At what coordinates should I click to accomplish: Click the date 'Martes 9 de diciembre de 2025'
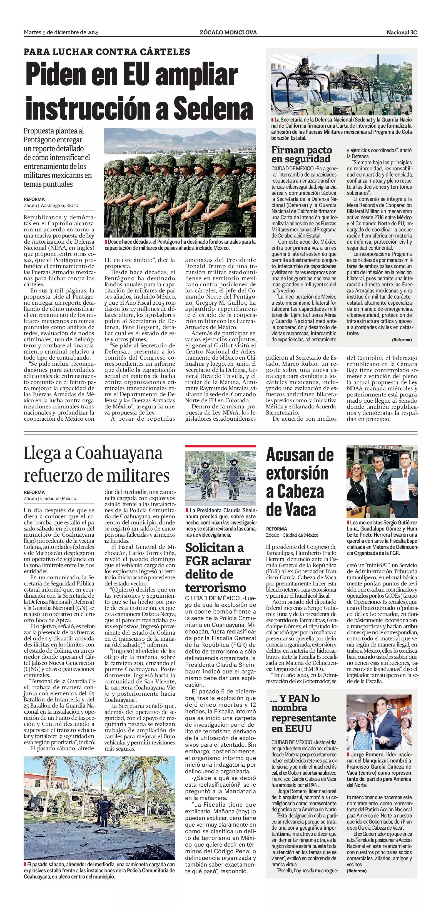tap(61, 32)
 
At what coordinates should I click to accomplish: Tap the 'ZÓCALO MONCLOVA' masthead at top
tap(228, 32)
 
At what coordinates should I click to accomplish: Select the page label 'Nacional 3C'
tap(402, 32)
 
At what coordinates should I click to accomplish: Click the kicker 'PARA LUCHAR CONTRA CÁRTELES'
tap(107, 52)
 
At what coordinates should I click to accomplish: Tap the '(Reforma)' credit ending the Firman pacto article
tap(402, 340)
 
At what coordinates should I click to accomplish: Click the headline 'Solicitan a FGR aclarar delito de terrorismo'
tap(218, 567)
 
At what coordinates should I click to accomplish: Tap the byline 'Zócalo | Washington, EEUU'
tap(51, 205)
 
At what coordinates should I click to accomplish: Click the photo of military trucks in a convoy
tap(341, 85)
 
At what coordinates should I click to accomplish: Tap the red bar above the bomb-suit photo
tap(221, 446)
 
